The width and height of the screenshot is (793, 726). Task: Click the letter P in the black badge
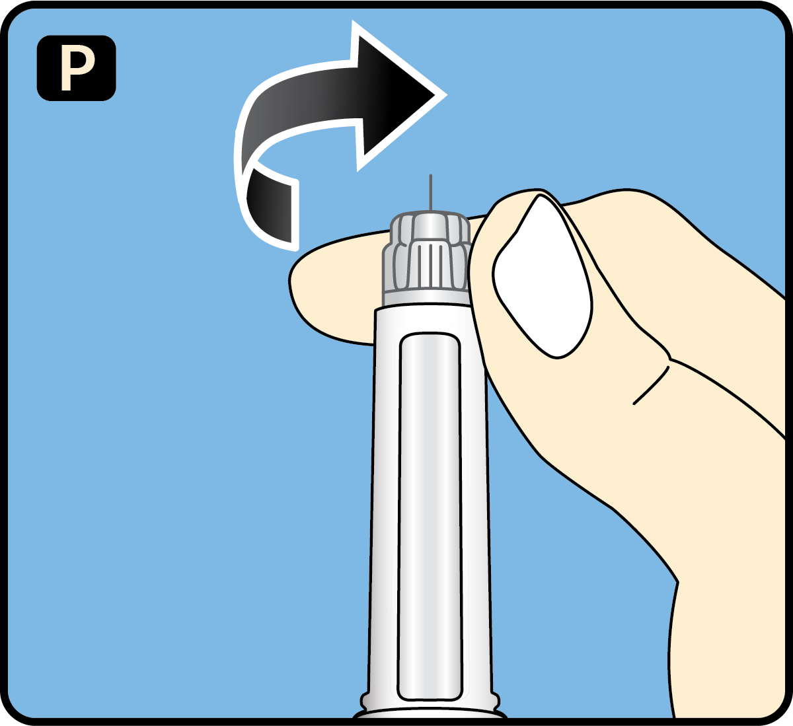[x=77, y=69]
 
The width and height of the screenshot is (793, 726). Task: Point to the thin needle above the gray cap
[x=431, y=192]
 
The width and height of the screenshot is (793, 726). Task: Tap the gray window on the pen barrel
[x=430, y=515]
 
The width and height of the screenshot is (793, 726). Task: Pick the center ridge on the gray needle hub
[x=430, y=264]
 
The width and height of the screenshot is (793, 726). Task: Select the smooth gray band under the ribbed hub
[x=426, y=298]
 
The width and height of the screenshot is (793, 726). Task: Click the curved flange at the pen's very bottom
[x=430, y=714]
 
